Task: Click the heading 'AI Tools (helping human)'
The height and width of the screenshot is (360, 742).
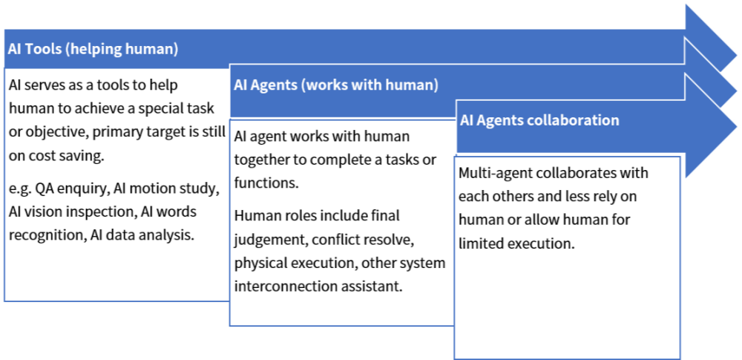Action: tap(93, 49)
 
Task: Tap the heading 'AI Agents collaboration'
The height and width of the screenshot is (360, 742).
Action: tap(539, 120)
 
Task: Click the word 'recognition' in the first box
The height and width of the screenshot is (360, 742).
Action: tap(45, 235)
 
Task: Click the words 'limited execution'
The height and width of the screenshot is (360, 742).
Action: tap(516, 244)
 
